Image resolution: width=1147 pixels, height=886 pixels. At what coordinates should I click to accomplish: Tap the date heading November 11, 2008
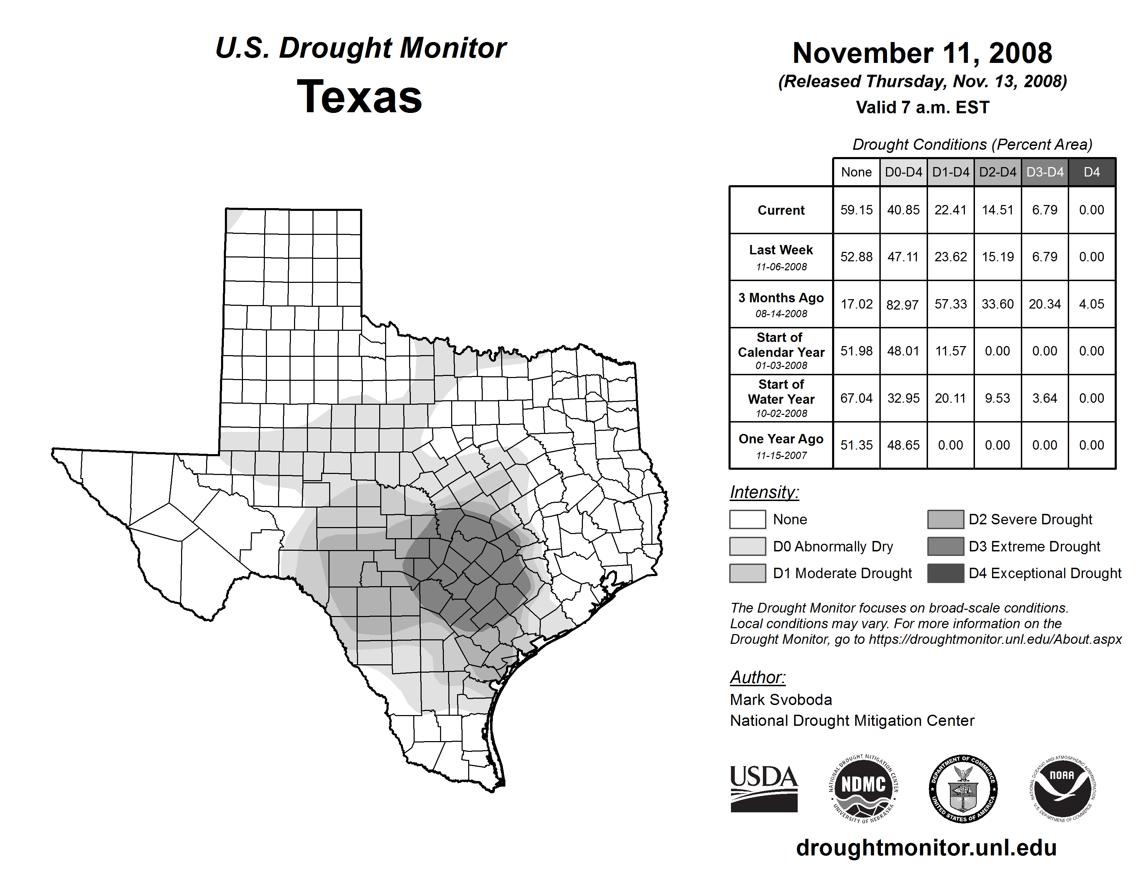tap(922, 53)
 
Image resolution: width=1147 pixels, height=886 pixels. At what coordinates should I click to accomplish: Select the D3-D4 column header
tap(1044, 172)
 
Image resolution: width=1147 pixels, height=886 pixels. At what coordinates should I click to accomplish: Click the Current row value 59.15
tap(856, 210)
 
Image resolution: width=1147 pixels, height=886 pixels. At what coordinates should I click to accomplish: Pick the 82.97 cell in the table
tap(903, 304)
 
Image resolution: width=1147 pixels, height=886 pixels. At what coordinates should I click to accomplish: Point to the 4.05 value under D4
tap(1091, 304)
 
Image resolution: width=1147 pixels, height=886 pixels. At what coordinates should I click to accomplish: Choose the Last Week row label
tap(781, 251)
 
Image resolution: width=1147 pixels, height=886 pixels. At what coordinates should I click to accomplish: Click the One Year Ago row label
tap(781, 439)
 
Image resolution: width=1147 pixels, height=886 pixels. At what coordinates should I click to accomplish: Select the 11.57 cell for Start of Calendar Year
tap(950, 351)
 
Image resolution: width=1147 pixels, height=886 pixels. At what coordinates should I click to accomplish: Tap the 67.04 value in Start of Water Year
tap(856, 399)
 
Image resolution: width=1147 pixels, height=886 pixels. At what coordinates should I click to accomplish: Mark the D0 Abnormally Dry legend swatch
tap(747, 547)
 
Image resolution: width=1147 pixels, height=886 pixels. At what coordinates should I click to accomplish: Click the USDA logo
tap(764, 788)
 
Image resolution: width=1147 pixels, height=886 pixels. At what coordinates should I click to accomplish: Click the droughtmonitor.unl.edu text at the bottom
tap(926, 848)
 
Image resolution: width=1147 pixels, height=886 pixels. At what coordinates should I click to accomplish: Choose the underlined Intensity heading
tap(764, 492)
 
